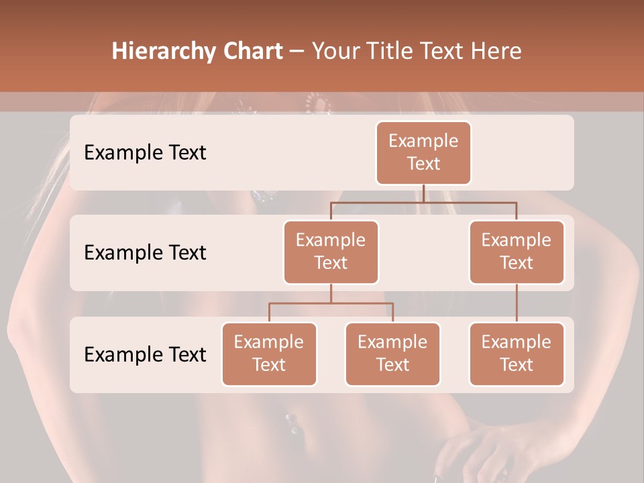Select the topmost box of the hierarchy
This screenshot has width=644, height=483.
coord(423,153)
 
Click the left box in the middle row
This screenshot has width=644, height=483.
coord(331,252)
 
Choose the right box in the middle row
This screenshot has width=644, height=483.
coord(517,252)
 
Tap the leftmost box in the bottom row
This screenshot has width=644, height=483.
coord(269,354)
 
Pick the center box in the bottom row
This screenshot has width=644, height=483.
coord(392,354)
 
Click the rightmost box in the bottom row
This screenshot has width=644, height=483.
coord(517,354)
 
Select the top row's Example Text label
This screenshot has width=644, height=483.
coord(145,153)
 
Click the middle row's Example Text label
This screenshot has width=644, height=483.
coord(145,253)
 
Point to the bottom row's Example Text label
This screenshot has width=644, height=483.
coord(145,354)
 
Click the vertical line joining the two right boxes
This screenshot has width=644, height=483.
coord(517,303)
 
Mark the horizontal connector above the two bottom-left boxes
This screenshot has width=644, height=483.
coord(331,303)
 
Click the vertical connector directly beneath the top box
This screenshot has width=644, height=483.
coord(423,193)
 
